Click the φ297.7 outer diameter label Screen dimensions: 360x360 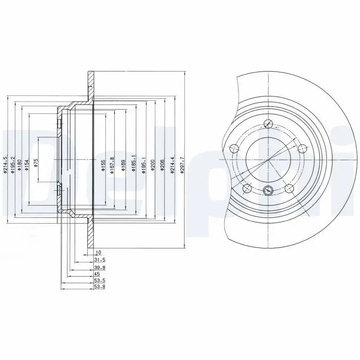point(182,165)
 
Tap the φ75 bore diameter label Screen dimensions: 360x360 point(36,162)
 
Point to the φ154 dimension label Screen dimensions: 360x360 point(27,165)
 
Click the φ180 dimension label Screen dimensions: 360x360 point(19,165)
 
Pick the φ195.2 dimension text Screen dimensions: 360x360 point(13,164)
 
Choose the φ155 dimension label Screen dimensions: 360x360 point(103,165)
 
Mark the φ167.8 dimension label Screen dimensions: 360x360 point(112,165)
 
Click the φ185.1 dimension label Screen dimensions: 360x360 point(133,165)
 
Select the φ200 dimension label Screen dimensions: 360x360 point(153,165)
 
